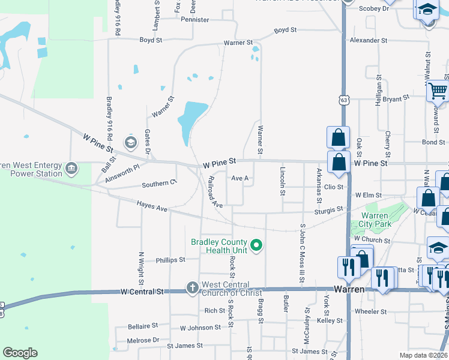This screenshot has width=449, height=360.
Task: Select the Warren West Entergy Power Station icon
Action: [72, 167]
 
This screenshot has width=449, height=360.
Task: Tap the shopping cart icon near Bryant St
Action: [438, 91]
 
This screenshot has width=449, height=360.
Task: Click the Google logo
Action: [20, 353]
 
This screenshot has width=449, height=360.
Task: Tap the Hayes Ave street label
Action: [151, 206]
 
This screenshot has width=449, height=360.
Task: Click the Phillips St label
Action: [170, 260]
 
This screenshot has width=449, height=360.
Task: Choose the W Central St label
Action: [142, 292]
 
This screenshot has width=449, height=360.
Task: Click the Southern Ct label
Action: [159, 184]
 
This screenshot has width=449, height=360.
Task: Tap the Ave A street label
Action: [240, 179]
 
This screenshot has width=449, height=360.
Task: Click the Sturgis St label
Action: [328, 211]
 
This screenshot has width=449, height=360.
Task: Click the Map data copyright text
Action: [423, 355]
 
